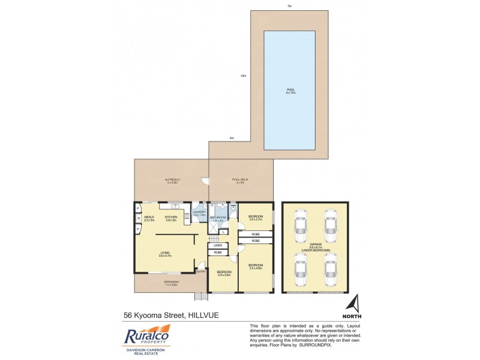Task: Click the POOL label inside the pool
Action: pos(290,90)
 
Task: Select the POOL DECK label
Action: pos(239,180)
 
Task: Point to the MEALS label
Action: pos(149,218)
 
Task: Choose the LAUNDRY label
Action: pos(200,212)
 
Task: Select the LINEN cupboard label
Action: pos(217,245)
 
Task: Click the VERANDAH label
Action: pos(172,281)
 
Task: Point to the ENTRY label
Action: pos(201,272)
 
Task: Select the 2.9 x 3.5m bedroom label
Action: pos(224,272)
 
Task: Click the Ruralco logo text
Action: pos(147,337)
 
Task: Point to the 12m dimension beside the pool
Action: pos(243,76)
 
